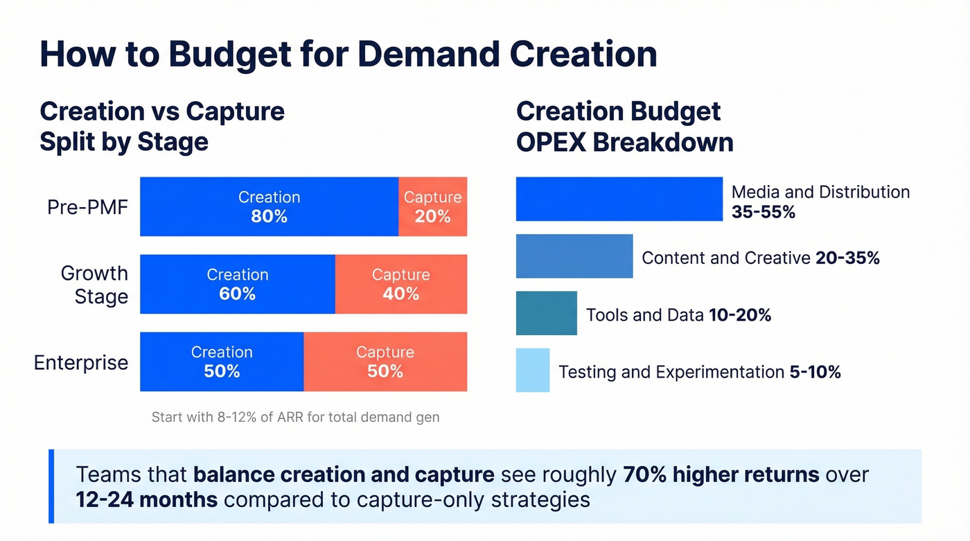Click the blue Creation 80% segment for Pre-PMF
pyautogui.click(x=269, y=207)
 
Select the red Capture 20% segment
pyautogui.click(x=432, y=207)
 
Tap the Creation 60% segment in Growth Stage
pyautogui.click(x=238, y=284)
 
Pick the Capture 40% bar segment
pyautogui.click(x=400, y=284)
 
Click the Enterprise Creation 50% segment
pyautogui.click(x=222, y=362)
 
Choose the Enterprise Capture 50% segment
pyautogui.click(x=385, y=362)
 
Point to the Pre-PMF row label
pyautogui.click(x=87, y=207)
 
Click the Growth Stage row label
pyautogui.click(x=94, y=285)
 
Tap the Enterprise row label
pyautogui.click(x=81, y=362)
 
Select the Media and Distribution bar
pyautogui.click(x=619, y=199)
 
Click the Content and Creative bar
pyautogui.click(x=574, y=256)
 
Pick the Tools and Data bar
pyautogui.click(x=546, y=313)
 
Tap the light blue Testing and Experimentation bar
pyautogui.click(x=532, y=370)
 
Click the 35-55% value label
pyautogui.click(x=763, y=213)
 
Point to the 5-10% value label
pyautogui.click(x=815, y=372)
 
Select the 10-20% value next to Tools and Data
pyautogui.click(x=740, y=315)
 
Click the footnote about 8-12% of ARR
pyautogui.click(x=295, y=418)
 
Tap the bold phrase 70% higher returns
pyautogui.click(x=721, y=475)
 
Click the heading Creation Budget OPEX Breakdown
pyautogui.click(x=624, y=127)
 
